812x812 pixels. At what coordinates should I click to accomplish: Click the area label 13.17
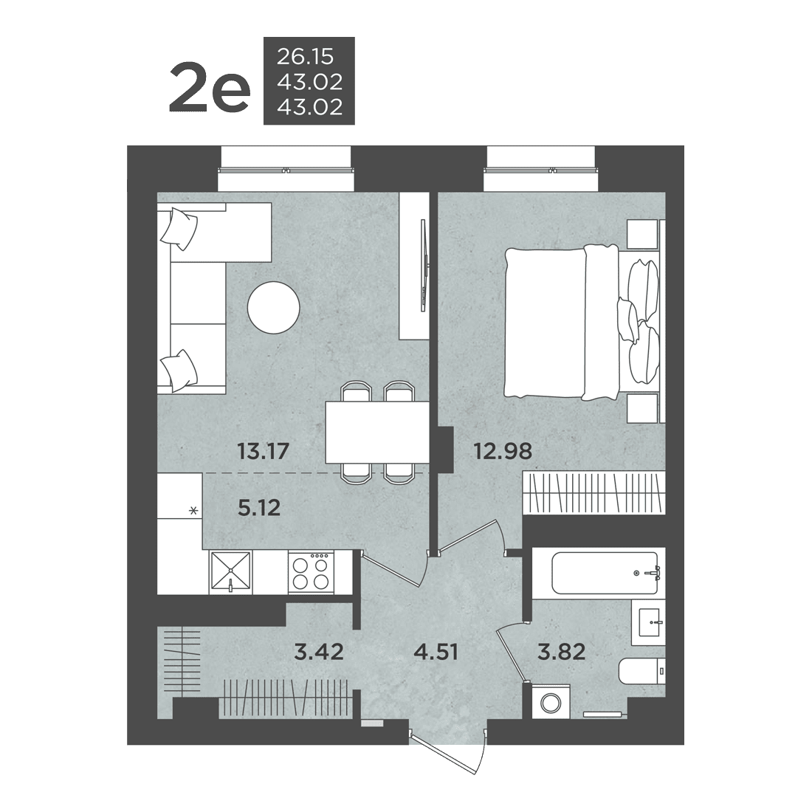point(263,451)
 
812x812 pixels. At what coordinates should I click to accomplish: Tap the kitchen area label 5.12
point(259,508)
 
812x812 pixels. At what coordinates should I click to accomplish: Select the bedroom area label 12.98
point(503,451)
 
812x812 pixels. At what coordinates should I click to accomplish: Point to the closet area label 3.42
point(318,652)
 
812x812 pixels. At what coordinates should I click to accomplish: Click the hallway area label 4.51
point(436,652)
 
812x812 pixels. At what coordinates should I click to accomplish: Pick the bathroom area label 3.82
point(561,652)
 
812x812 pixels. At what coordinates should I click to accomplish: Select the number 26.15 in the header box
point(305,56)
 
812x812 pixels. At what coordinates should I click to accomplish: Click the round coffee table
point(273,308)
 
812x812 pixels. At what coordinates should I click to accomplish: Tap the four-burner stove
point(311,571)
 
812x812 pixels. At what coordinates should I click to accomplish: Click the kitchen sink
point(230,572)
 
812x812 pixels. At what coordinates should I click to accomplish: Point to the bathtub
point(605,573)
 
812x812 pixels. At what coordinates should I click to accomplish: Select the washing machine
point(551,702)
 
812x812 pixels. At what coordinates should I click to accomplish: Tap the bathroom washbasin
point(649,622)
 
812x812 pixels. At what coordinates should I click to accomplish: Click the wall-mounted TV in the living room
point(424,265)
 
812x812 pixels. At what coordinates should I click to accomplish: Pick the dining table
point(377,433)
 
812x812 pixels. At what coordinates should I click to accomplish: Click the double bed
point(582,323)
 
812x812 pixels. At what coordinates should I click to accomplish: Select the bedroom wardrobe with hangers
point(594,492)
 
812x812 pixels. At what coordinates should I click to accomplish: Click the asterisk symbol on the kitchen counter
point(193,511)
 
